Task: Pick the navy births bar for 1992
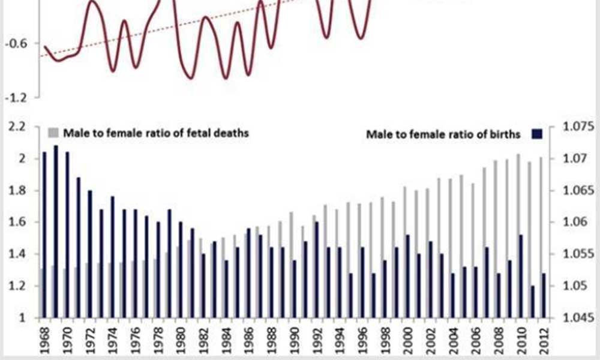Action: (317, 269)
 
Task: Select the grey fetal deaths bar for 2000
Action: (403, 252)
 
